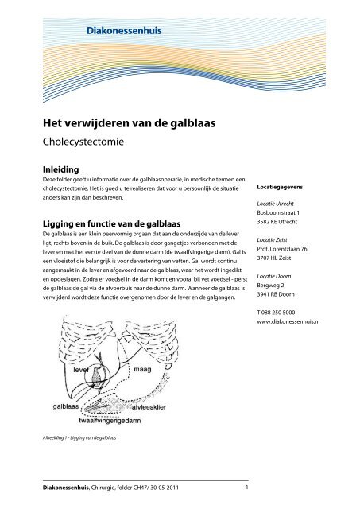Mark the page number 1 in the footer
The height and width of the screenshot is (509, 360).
(248, 488)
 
